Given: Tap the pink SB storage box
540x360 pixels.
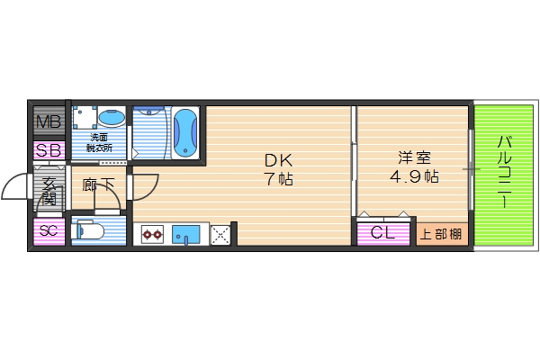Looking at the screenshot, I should coord(48,150).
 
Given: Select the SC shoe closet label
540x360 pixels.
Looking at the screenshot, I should coord(49,231).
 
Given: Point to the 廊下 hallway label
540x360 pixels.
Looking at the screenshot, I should coord(98,185).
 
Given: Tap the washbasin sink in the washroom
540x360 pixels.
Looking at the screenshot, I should coord(112,119).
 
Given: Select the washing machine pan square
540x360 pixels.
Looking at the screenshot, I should coord(85,119).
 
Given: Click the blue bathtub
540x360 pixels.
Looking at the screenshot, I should coord(184,132).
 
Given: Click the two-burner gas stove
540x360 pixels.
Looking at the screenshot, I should coord(151,235).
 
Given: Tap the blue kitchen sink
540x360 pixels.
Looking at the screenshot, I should coord(186,235).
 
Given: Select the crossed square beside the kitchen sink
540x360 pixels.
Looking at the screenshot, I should coord(220,235).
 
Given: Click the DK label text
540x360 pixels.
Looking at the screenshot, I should coord(278,160).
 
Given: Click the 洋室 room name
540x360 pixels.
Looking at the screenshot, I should coord(414,157).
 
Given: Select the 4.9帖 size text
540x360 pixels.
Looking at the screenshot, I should coord(414,176).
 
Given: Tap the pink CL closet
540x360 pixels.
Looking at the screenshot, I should coord(382,233).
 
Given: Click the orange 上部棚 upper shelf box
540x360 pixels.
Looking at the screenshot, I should coord(441,234).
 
